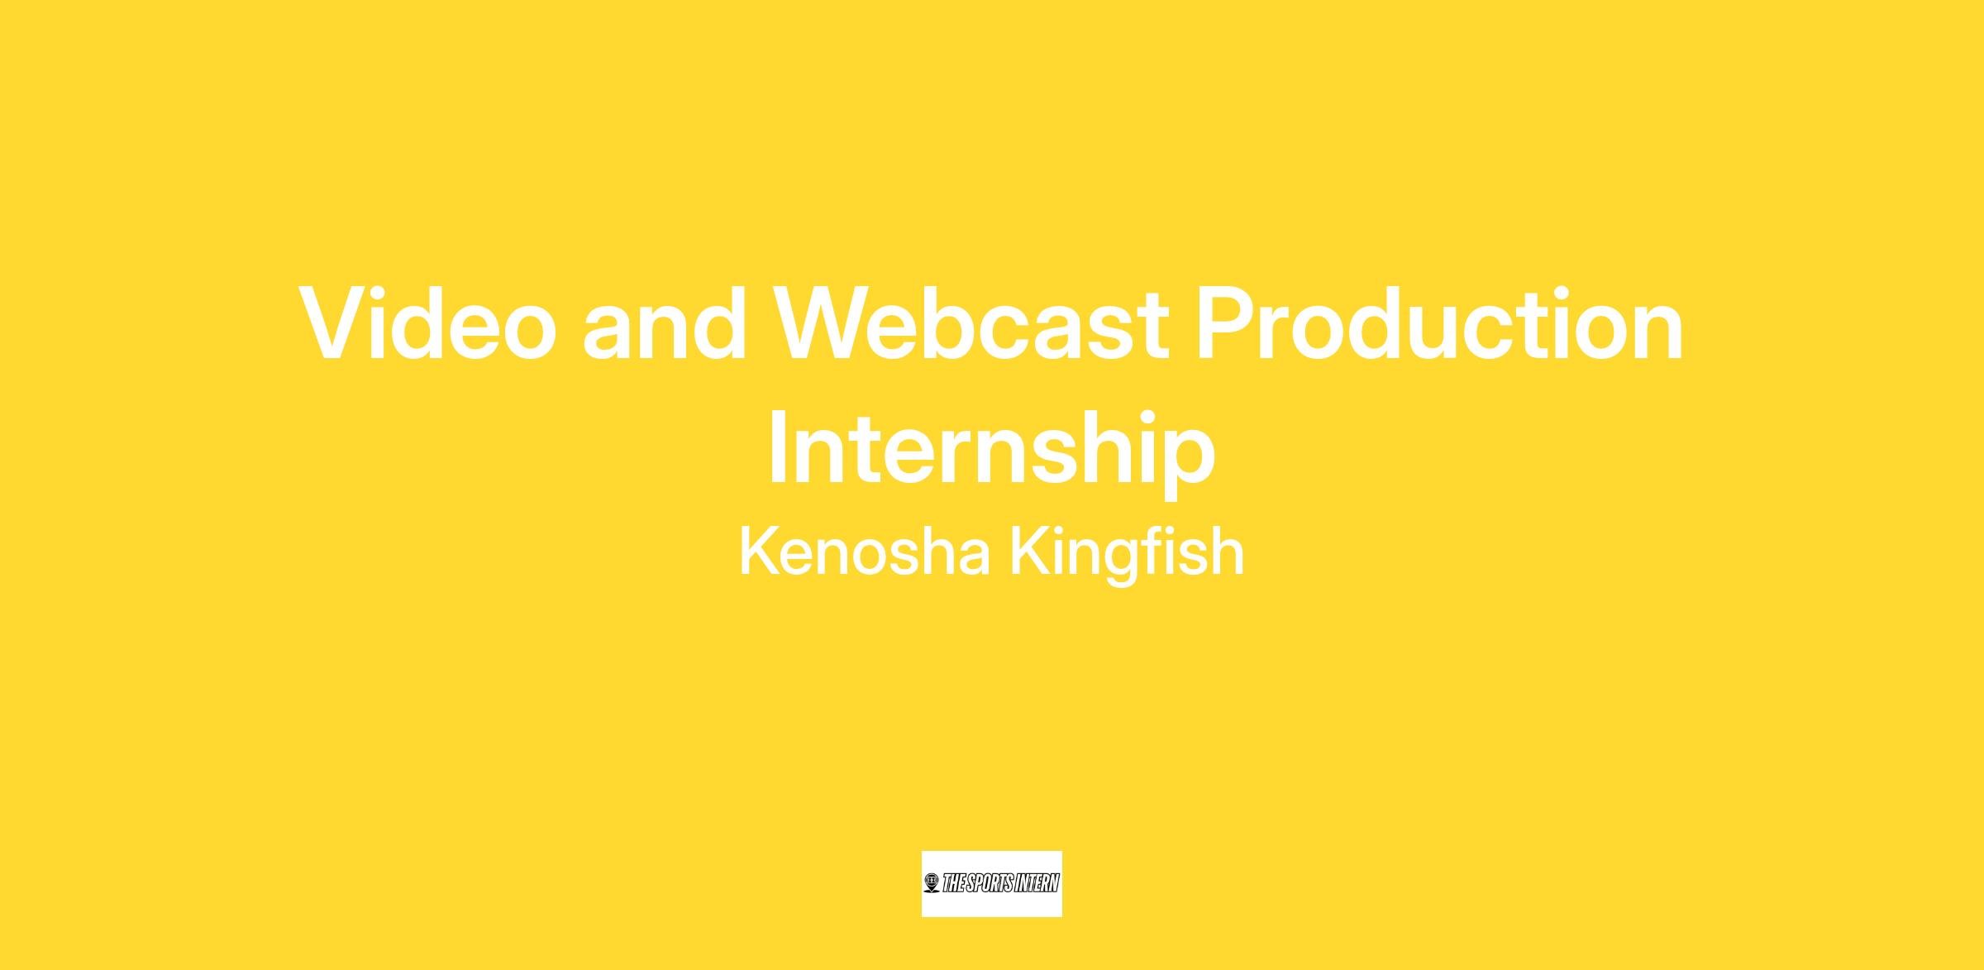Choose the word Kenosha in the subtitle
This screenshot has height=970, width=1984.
click(x=864, y=552)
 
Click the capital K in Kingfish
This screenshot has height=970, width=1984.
click(x=1030, y=552)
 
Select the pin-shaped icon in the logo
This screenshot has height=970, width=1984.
click(x=932, y=884)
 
